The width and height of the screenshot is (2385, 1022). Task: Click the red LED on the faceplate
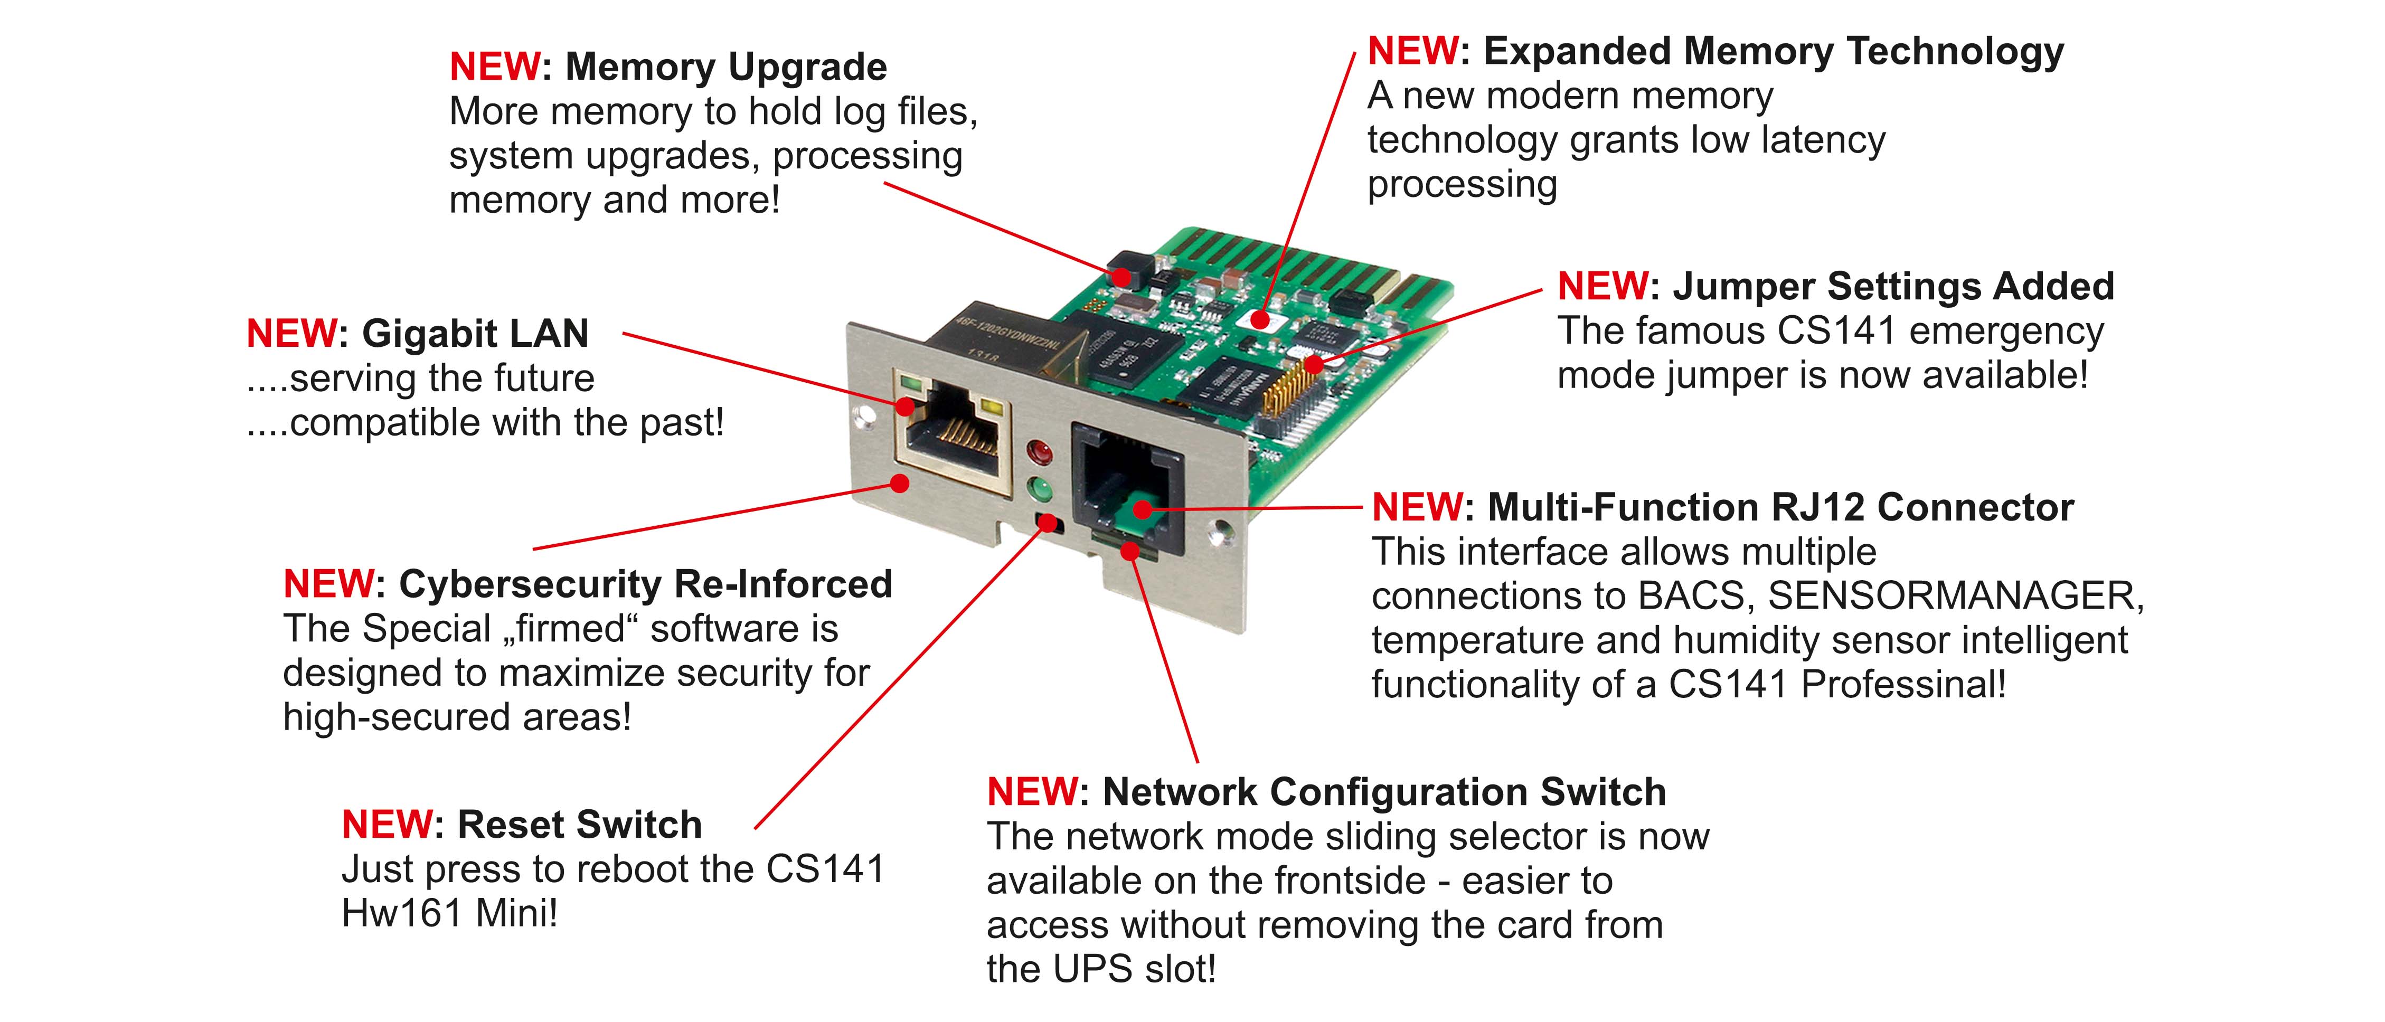(1041, 453)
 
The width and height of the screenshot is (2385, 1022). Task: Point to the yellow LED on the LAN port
(994, 408)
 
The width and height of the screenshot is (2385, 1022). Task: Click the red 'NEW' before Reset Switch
(386, 824)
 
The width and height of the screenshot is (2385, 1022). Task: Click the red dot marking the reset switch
(1047, 524)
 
